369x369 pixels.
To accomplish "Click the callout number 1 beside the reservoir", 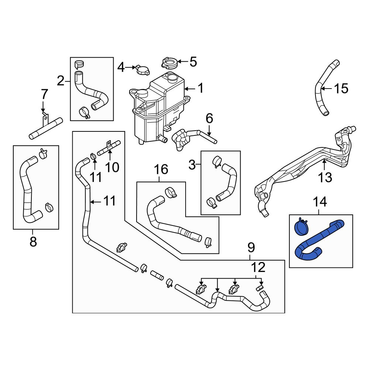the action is click(200, 88).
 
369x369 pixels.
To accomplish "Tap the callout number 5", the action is click(193, 62).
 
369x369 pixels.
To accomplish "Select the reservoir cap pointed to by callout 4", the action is click(143, 70).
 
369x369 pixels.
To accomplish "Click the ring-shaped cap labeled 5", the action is click(169, 63).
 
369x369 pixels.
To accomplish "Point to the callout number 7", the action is click(45, 94).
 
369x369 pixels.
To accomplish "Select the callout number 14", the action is click(320, 202).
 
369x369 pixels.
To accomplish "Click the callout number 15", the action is click(341, 89).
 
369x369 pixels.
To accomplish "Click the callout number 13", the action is click(325, 177).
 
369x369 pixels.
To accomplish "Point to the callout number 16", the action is click(161, 169).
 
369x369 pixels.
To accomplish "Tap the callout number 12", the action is click(258, 267).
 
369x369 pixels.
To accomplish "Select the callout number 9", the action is click(251, 247).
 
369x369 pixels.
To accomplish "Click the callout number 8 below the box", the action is click(33, 241).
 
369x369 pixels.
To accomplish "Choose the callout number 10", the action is click(112, 167).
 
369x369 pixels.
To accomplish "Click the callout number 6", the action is click(209, 118).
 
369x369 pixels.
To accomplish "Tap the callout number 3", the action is click(192, 165).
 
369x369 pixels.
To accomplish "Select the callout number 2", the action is click(61, 81).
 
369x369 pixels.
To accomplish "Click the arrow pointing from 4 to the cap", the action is click(130, 67).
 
